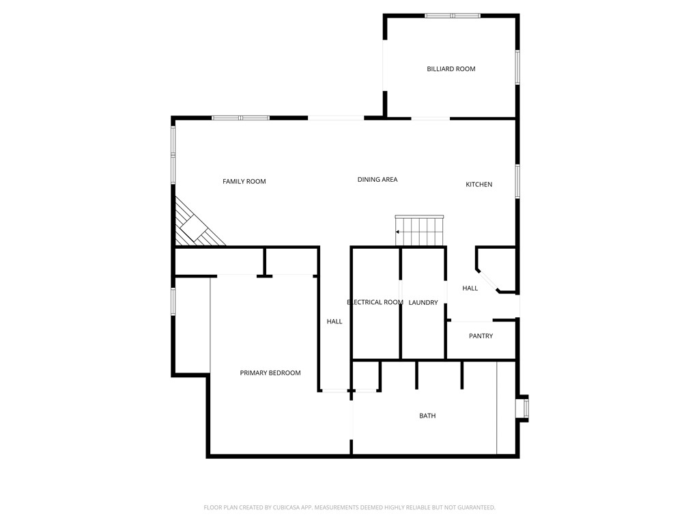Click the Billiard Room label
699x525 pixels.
point(451,69)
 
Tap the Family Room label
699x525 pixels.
point(244,182)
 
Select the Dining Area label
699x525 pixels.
point(377,180)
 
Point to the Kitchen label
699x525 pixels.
point(479,185)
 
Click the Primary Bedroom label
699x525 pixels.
point(270,373)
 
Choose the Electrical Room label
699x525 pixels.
point(375,303)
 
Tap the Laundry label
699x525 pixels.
point(423,303)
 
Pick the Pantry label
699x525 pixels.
point(481,336)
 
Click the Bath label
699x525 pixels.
point(427,416)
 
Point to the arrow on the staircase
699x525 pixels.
point(398,232)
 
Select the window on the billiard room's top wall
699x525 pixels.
point(452,16)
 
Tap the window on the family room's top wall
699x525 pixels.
point(240,118)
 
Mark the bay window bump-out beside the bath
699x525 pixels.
point(524,408)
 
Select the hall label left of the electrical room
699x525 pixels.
point(334,322)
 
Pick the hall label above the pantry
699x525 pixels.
point(470,288)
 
